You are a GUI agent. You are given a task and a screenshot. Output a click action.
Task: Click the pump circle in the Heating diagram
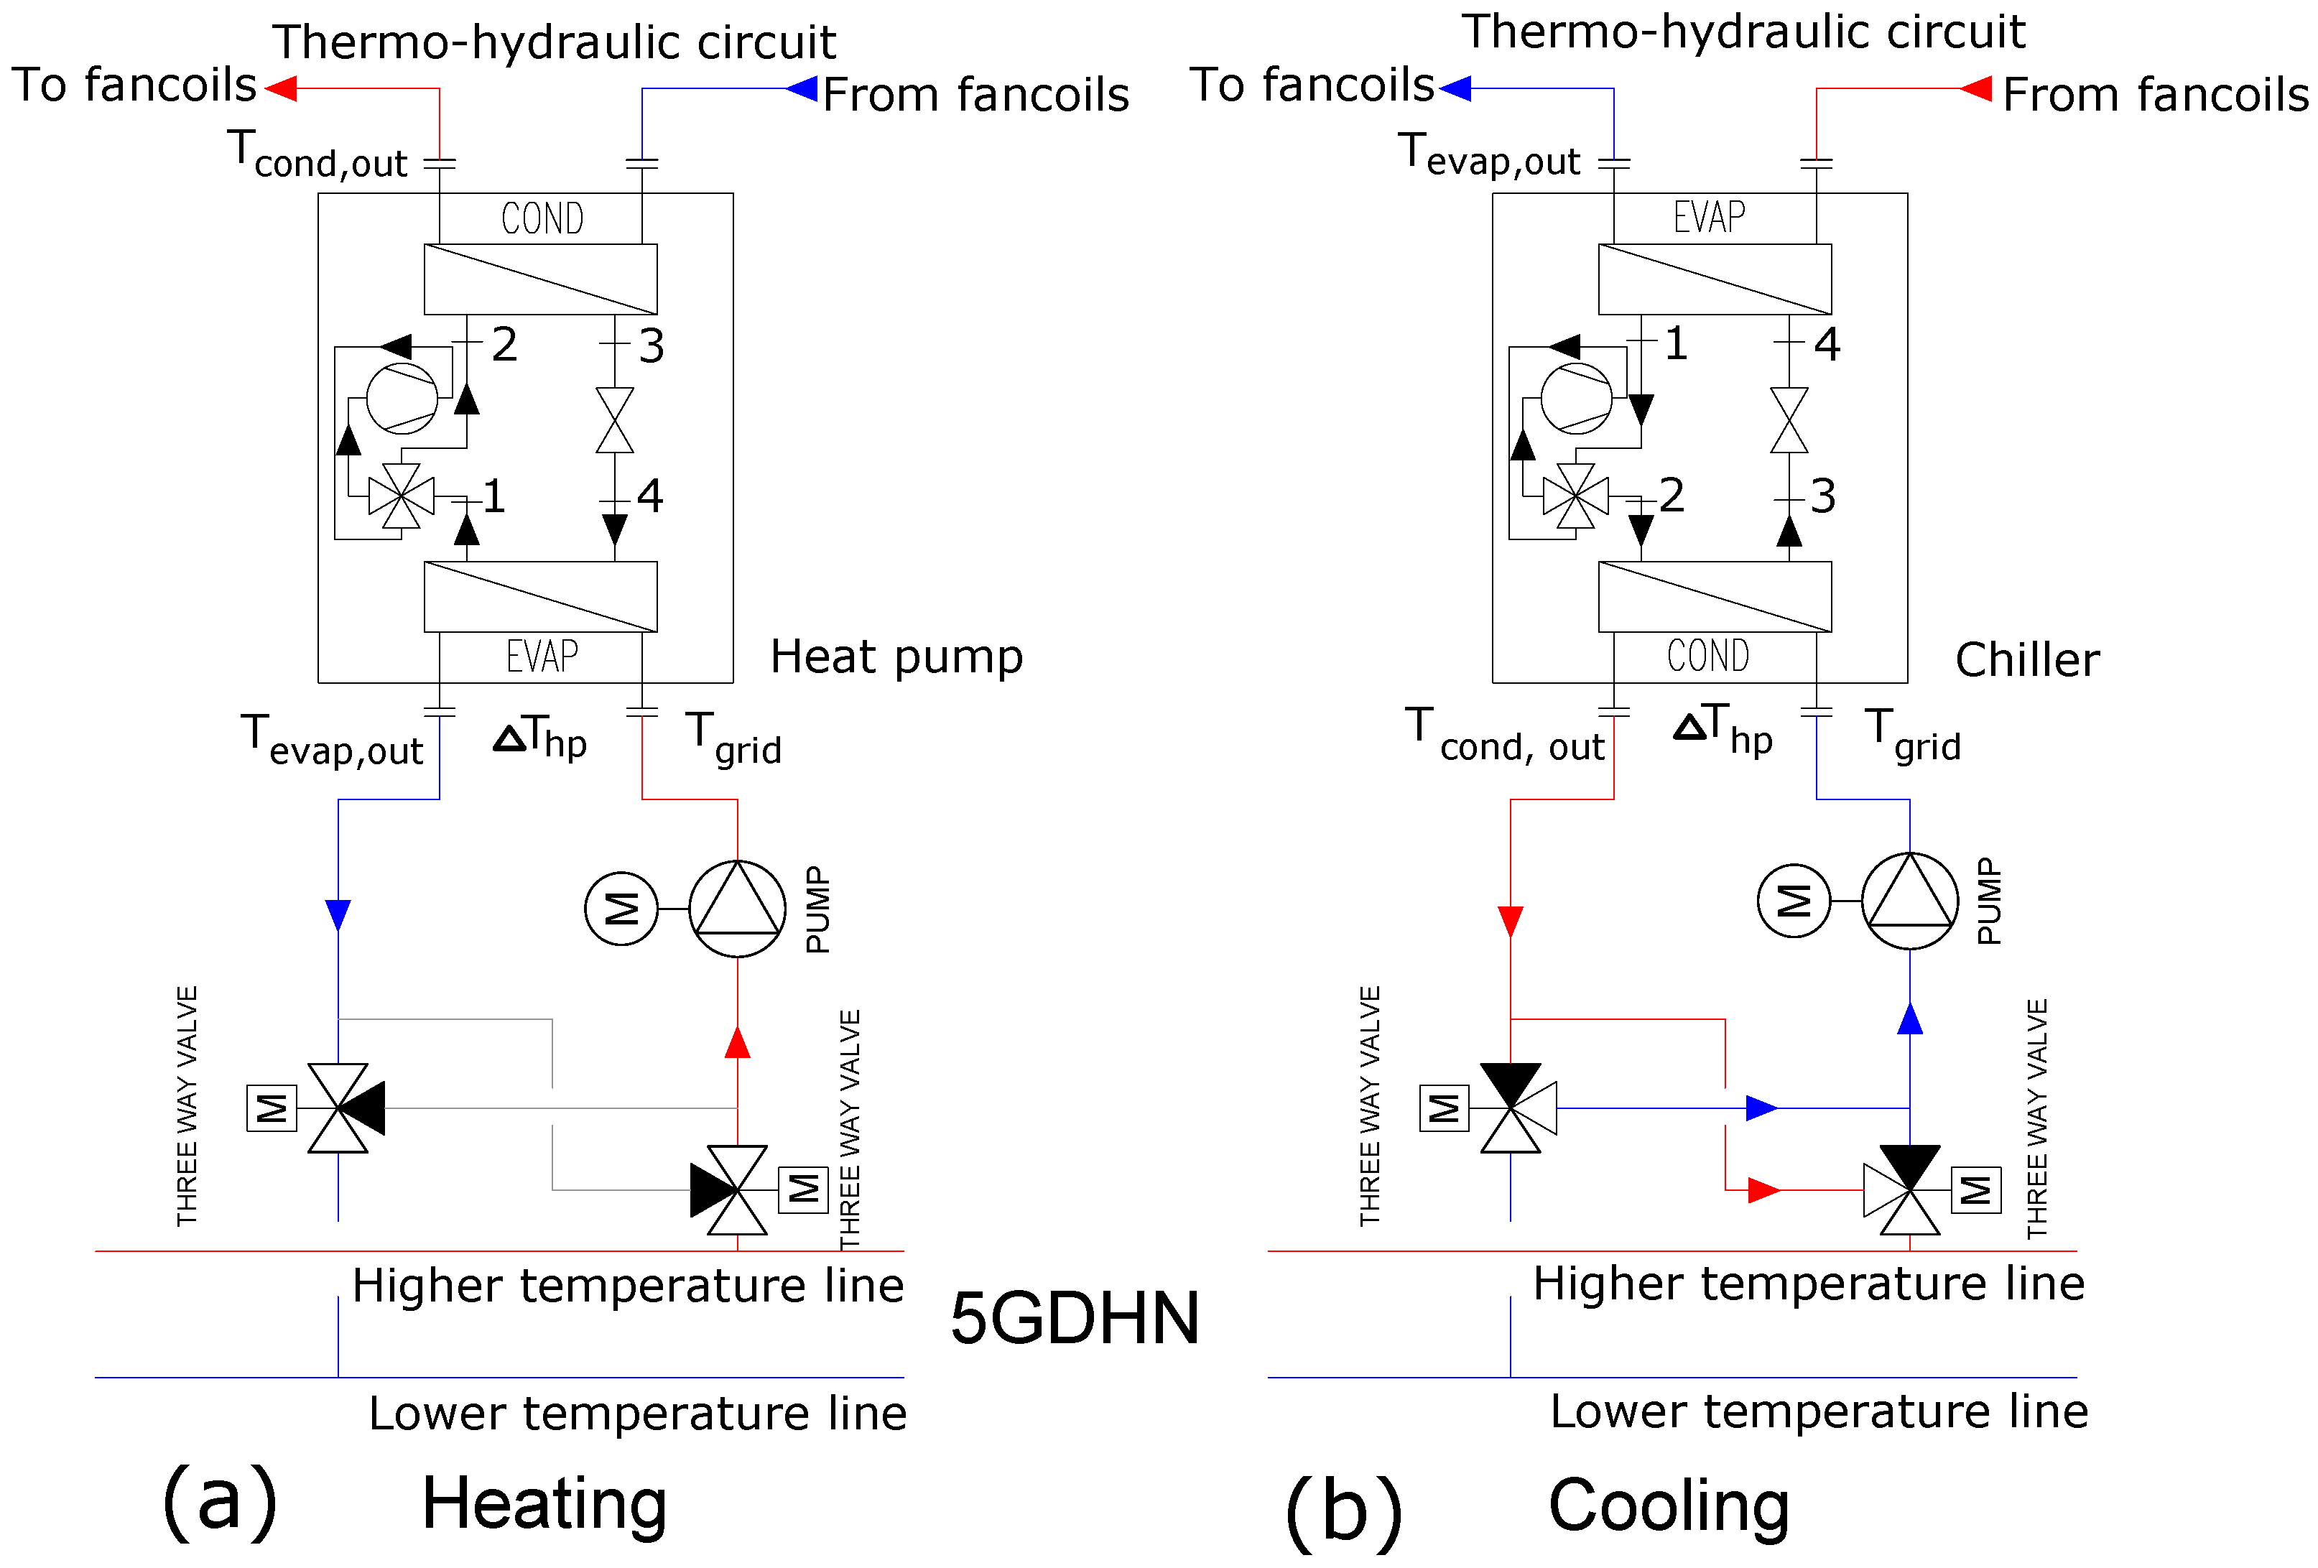tap(737, 909)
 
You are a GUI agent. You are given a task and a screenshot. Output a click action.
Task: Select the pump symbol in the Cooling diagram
tap(1909, 901)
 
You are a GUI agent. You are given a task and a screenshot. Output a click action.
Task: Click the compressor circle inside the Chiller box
tap(1576, 398)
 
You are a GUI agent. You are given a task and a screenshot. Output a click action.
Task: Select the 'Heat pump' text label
tap(896, 657)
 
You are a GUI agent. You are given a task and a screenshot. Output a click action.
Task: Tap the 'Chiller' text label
tap(2027, 659)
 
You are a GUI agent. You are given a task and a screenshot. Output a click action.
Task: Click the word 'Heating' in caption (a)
tap(544, 1503)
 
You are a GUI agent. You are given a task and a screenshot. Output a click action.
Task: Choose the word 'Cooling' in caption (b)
tap(1669, 1506)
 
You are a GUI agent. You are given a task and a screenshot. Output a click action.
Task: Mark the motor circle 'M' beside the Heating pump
tap(621, 909)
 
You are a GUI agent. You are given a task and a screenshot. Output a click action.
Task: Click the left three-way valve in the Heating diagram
tap(339, 1108)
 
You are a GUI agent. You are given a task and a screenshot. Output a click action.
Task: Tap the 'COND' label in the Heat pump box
tap(542, 218)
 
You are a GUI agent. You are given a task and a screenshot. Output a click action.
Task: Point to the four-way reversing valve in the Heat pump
tap(401, 496)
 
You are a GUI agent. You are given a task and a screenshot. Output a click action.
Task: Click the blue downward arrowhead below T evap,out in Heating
tap(338, 914)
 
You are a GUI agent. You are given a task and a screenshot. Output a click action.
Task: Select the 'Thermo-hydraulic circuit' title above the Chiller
tap(1743, 32)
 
